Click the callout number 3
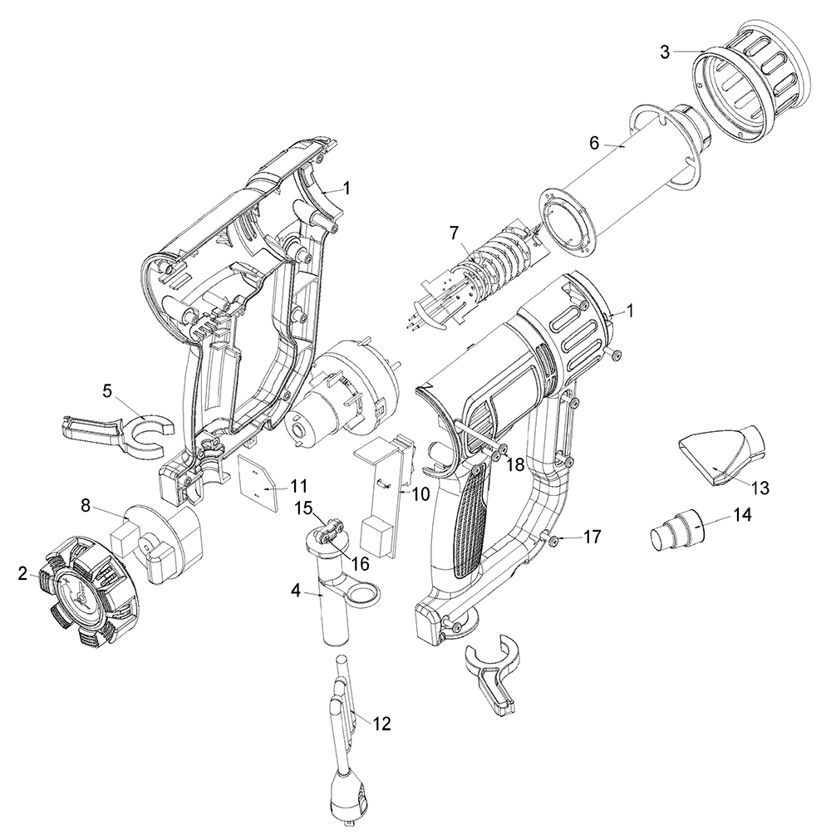(x=665, y=52)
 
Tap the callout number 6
(x=594, y=142)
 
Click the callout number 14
(x=742, y=515)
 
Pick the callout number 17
(x=591, y=537)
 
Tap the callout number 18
(x=515, y=464)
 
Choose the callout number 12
(x=381, y=724)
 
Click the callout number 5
(x=107, y=390)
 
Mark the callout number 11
(x=298, y=485)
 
